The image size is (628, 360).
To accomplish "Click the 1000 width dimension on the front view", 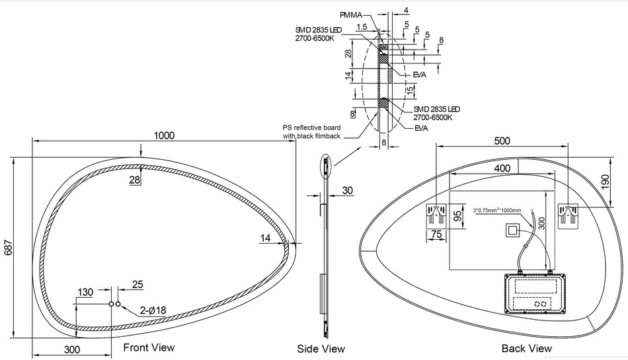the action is (164, 135).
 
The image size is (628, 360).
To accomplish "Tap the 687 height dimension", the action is (9, 247).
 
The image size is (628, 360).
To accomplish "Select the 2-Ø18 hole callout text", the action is (153, 310).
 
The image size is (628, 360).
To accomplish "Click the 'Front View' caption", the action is (149, 347).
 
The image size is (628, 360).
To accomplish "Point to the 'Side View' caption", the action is (321, 349).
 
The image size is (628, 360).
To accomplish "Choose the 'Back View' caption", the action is (527, 348).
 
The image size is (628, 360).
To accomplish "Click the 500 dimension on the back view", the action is (502, 141).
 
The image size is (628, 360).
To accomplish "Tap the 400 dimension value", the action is (502, 168).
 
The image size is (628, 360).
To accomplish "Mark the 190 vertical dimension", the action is (605, 181).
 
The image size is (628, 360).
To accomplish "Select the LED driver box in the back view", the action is (536, 293).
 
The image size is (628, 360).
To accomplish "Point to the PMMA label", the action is (351, 15).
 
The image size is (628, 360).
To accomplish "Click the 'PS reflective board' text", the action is (312, 127).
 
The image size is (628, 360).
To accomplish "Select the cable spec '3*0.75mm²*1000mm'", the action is (497, 211).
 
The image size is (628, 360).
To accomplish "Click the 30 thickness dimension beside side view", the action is (347, 190).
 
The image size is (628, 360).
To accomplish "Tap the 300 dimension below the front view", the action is (72, 349).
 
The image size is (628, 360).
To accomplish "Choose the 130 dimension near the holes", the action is (85, 293).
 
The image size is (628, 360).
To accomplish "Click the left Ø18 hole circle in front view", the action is (111, 305).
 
